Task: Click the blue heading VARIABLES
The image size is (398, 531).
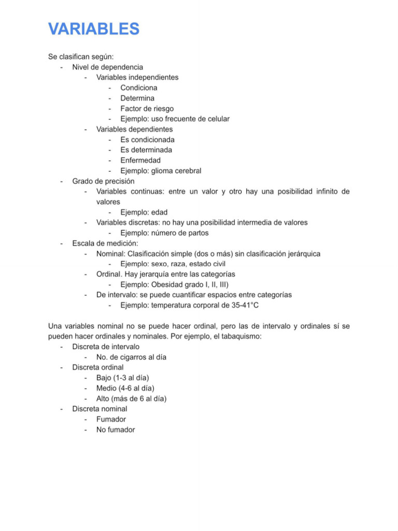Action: (94, 29)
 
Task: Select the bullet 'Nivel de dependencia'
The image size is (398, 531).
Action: (108, 67)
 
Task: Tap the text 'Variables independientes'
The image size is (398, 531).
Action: (137, 77)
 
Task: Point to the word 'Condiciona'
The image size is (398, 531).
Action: (139, 88)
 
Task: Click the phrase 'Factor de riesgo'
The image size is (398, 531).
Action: (147, 108)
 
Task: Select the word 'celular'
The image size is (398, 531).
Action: (217, 119)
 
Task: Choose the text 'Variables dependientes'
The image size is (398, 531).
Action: (135, 129)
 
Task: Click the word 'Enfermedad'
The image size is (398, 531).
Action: (140, 160)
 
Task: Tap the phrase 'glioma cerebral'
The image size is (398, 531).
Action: (176, 171)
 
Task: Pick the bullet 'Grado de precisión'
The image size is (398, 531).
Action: (103, 181)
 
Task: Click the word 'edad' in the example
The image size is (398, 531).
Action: (159, 212)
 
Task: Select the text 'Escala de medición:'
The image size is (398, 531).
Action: (105, 243)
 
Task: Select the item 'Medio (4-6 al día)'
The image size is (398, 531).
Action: (125, 388)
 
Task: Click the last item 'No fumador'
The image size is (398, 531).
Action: (115, 429)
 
